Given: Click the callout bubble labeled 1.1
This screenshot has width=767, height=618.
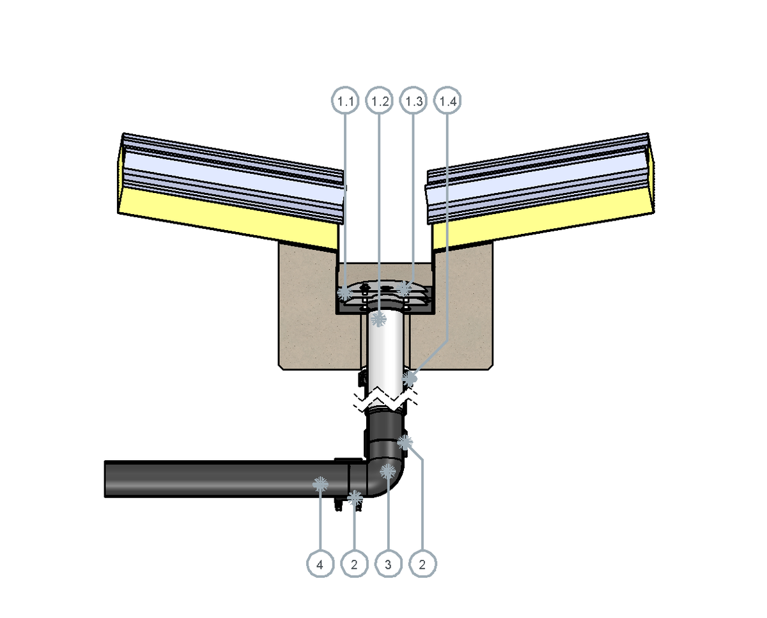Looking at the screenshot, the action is (x=345, y=100).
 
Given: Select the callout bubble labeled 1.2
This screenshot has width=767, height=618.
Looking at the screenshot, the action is (x=379, y=100).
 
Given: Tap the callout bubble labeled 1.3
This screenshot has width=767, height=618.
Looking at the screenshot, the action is (x=414, y=100).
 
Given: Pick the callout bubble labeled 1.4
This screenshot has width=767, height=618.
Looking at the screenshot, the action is (x=447, y=100).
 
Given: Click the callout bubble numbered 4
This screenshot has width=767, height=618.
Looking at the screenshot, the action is (x=320, y=564).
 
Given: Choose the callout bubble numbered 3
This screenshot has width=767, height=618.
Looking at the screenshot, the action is (x=389, y=564).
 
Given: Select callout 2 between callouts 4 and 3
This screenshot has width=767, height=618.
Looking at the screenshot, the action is (x=354, y=564).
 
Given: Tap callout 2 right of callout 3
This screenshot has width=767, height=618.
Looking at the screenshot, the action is (x=422, y=564).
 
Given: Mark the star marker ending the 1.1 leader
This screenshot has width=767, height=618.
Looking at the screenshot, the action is (x=345, y=293).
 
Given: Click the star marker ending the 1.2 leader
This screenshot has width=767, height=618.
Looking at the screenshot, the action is (x=378, y=319).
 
